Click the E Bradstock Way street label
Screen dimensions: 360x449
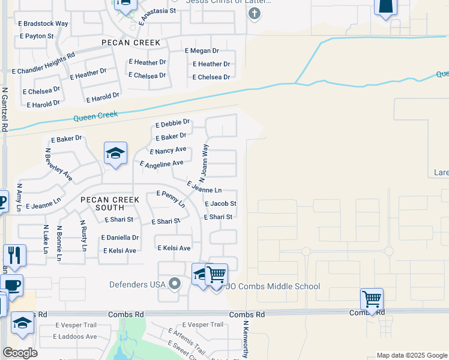tap(44, 24)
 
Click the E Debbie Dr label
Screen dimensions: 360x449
tap(172, 124)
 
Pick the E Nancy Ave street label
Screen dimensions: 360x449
tap(168, 151)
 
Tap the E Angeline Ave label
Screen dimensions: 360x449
tap(161, 164)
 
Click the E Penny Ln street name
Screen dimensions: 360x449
tap(170, 199)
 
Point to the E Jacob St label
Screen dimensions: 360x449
tap(220, 204)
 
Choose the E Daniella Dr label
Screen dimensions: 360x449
tap(120, 238)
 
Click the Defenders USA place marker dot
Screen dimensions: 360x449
tap(175, 284)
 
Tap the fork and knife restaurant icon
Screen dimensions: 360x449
tap(14, 255)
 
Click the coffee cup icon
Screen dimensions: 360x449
tap(11, 285)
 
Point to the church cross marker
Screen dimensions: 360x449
tap(254, 13)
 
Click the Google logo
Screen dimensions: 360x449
tap(20, 353)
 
